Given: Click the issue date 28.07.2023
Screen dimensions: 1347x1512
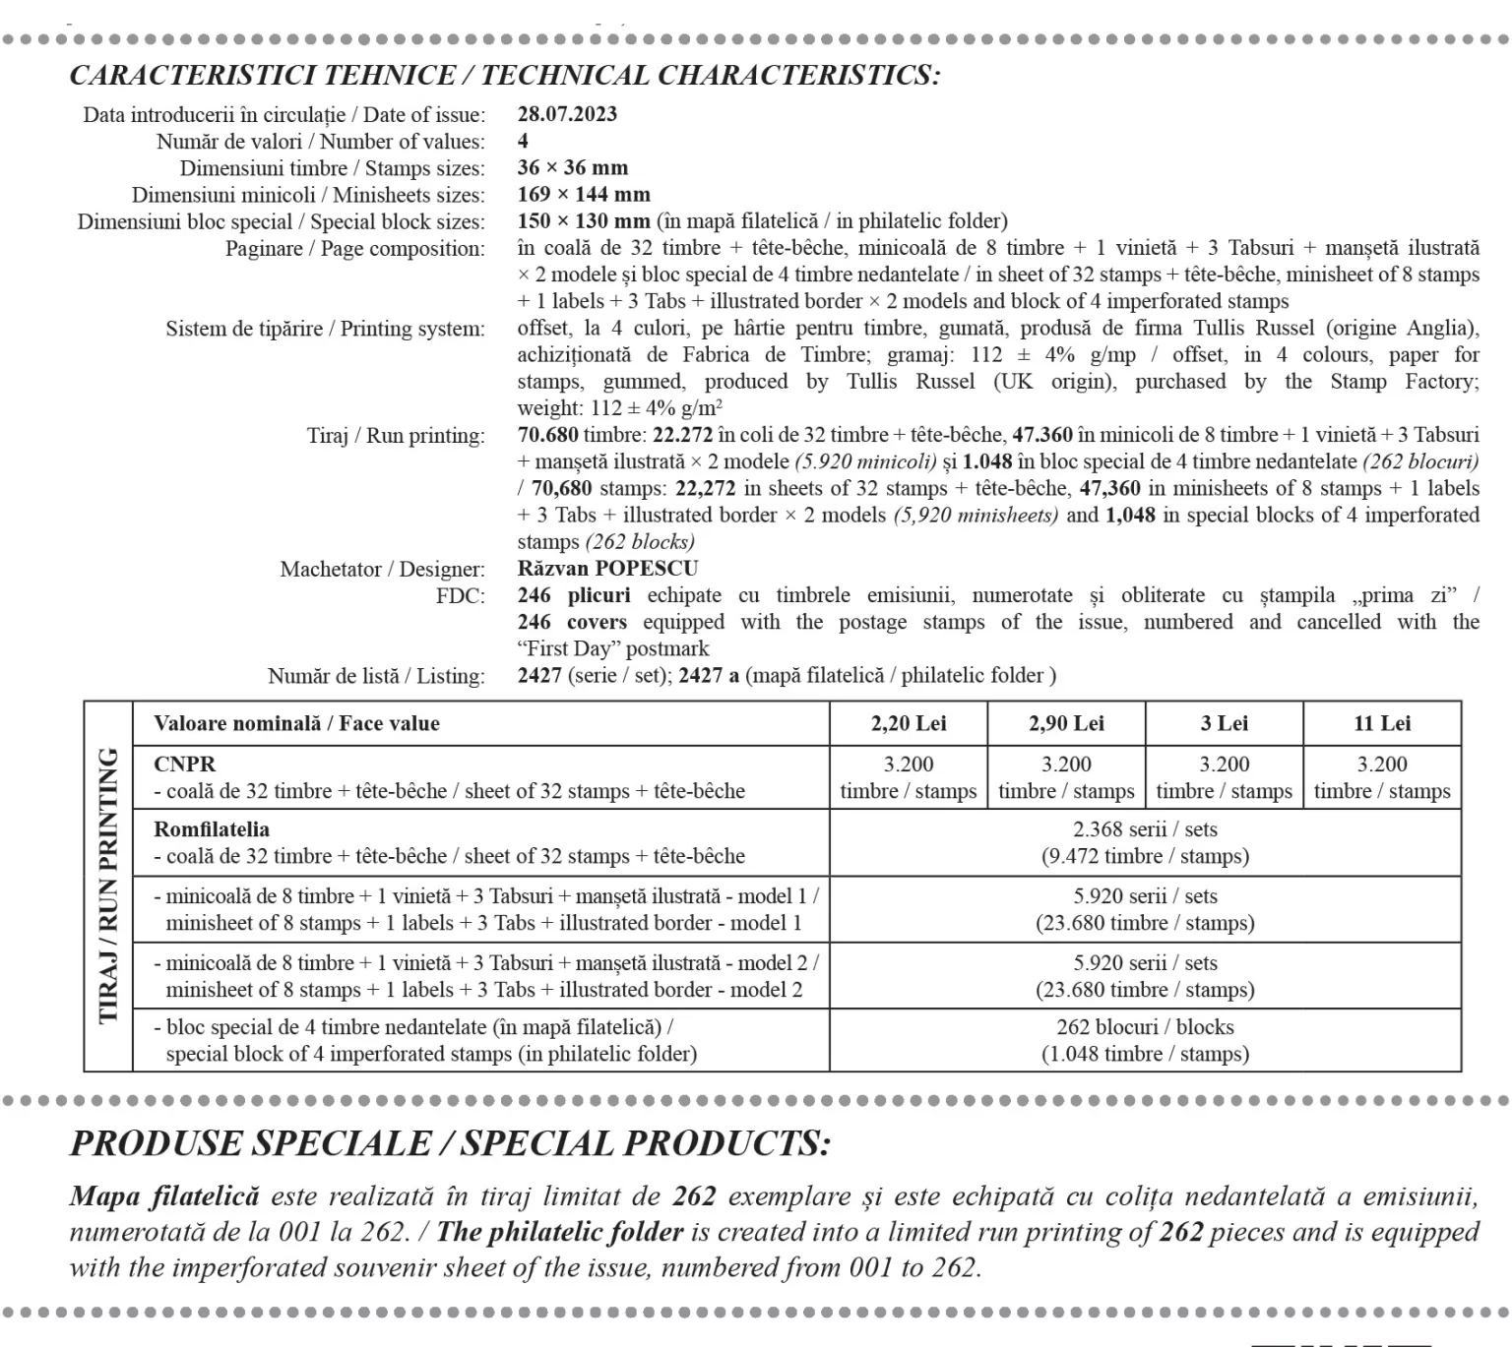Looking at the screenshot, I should click(567, 114).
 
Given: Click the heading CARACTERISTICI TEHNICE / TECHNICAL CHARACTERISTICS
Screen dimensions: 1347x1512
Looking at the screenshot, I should click(504, 76).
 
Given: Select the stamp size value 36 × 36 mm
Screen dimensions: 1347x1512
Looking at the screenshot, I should click(572, 167).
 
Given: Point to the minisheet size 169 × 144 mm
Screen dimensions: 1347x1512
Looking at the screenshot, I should click(584, 195).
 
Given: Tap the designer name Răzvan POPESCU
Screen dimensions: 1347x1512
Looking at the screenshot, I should click(607, 569).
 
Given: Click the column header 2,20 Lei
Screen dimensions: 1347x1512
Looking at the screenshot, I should click(909, 724).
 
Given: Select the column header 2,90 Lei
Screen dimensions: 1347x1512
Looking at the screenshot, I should click(1066, 724).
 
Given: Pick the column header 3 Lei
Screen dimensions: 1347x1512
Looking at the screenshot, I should click(1224, 724).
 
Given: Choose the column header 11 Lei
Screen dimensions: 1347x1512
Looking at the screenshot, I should click(1382, 724).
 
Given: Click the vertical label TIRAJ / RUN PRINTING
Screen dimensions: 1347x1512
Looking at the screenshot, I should click(108, 886).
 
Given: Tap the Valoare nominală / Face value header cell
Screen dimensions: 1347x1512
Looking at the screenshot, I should click(296, 724).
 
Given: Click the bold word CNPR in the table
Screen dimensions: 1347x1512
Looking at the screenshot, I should click(184, 765).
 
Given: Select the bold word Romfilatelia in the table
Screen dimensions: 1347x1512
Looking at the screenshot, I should click(212, 829).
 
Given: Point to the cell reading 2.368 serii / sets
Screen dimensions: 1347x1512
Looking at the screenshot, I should click(1145, 829).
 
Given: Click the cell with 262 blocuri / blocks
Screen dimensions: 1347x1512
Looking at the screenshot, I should click(1145, 1027).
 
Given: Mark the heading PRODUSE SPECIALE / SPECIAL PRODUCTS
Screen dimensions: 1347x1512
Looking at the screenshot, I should click(450, 1143).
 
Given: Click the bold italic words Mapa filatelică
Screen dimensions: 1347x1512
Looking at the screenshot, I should click(163, 1196).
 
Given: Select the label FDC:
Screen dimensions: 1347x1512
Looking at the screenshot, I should click(461, 596).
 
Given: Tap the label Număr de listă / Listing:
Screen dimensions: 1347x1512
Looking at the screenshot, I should click(376, 676).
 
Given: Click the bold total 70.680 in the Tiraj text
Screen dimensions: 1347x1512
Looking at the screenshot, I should click(547, 435).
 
